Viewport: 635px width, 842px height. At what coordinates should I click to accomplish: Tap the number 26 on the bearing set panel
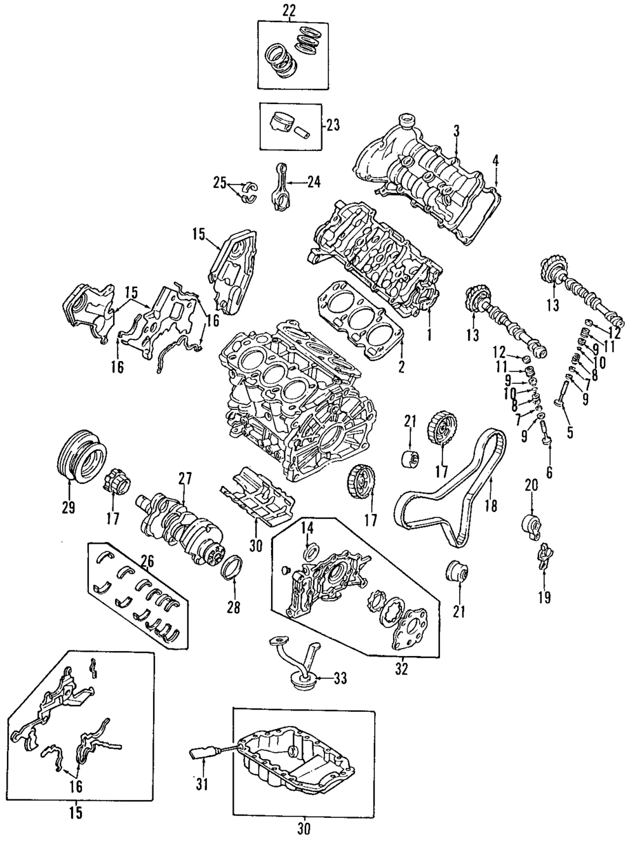click(147, 561)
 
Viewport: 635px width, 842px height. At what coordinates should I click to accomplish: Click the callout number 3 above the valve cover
click(456, 130)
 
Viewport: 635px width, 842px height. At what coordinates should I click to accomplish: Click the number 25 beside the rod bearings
click(220, 184)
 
